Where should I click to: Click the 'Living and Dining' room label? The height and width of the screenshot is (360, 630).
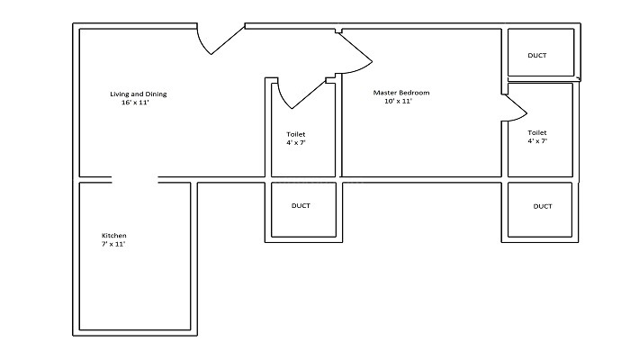(x=139, y=94)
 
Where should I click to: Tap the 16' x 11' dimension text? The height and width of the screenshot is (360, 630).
(x=135, y=103)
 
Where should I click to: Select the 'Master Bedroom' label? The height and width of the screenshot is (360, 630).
(x=401, y=93)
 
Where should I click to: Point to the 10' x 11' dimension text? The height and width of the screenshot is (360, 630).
(x=398, y=101)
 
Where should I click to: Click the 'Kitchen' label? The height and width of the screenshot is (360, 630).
(x=114, y=236)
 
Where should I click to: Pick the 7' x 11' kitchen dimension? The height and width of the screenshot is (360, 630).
(x=113, y=244)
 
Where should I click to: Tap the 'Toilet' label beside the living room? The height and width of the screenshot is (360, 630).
(x=296, y=134)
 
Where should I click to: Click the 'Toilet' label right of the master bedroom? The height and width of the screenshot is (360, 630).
(x=537, y=132)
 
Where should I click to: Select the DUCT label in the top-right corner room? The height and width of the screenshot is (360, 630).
(x=537, y=56)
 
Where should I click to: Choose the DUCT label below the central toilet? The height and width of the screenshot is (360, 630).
(x=301, y=206)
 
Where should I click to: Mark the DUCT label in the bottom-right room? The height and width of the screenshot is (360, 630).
(x=543, y=206)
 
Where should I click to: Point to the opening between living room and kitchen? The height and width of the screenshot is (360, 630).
(x=135, y=179)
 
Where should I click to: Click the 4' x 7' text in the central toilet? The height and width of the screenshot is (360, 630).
(x=296, y=142)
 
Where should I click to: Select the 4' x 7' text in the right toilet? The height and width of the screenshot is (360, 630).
(x=537, y=141)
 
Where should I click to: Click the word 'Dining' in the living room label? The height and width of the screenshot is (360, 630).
(x=156, y=94)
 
